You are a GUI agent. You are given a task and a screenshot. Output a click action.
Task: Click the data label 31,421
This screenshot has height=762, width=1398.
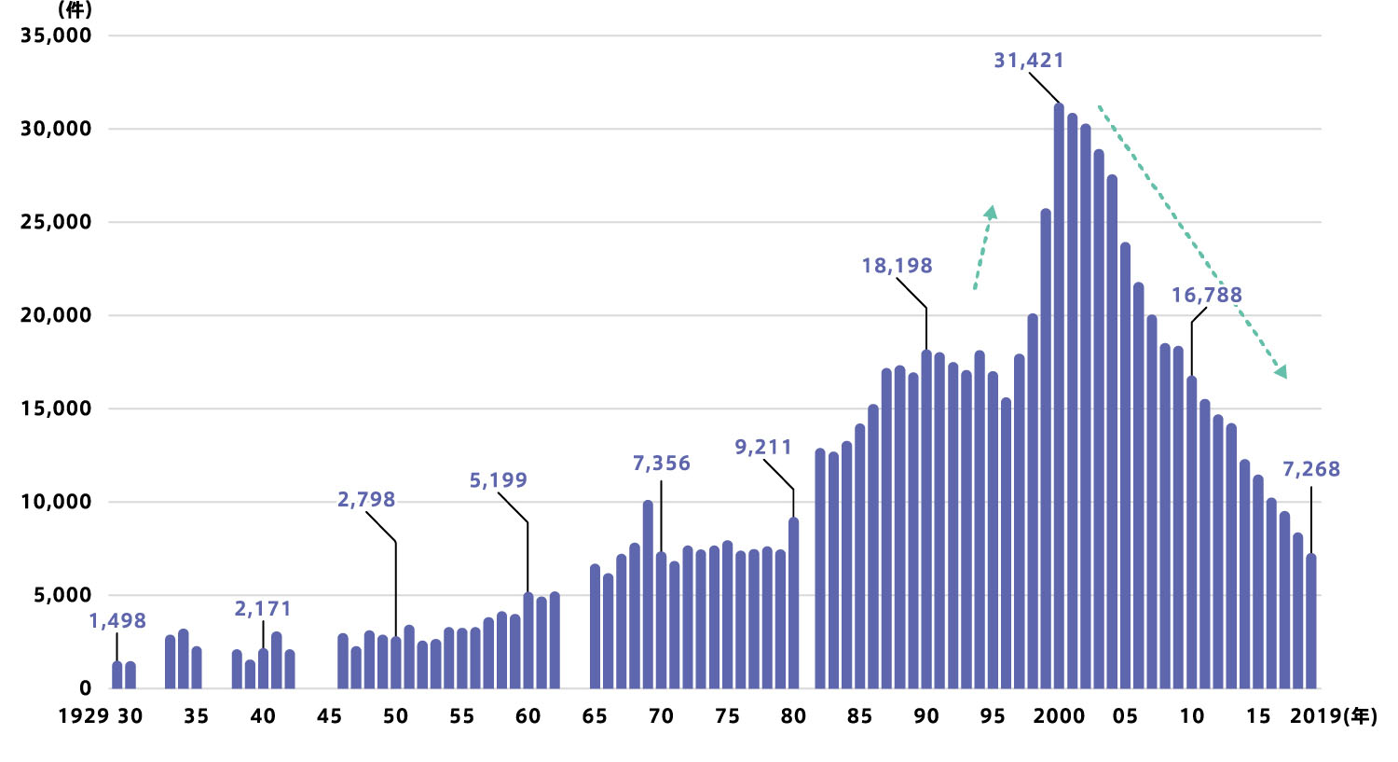pos(1028,61)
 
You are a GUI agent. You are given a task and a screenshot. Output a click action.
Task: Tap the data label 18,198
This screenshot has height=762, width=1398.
pos(897,266)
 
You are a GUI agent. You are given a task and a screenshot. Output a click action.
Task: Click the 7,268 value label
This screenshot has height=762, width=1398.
pos(1310,469)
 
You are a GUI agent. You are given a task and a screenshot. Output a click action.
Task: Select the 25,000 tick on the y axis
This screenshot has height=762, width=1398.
pos(56,222)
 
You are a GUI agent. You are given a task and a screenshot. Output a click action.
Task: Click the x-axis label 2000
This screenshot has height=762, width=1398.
pos(1059,716)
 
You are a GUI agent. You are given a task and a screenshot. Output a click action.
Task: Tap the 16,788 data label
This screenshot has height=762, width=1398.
pos(1206,296)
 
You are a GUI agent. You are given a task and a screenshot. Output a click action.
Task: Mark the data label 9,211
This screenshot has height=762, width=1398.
pos(762,448)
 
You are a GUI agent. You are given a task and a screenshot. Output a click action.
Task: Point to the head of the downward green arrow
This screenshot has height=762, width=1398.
pos(1281,372)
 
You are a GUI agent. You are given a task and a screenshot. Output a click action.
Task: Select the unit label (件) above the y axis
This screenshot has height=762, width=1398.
pos(75,10)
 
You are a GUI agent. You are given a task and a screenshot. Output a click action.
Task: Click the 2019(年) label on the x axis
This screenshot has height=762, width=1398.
pos(1333,716)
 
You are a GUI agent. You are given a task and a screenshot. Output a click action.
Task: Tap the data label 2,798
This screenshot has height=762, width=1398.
pos(366,500)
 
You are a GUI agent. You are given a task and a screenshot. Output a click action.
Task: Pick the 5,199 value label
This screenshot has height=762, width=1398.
pos(498,480)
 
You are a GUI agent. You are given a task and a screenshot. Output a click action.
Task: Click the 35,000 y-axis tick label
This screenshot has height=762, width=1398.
pos(56,35)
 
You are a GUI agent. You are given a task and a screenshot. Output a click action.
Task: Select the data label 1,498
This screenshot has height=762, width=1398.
pos(117,621)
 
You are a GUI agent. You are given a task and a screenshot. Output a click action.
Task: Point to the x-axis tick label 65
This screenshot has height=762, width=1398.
pos(594,716)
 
